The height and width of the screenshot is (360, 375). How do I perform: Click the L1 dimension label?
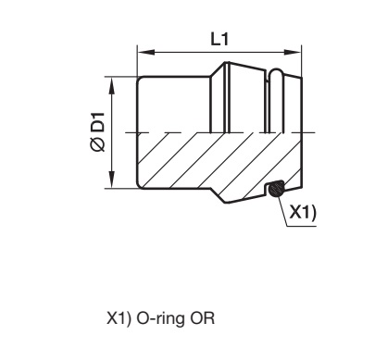click(219, 39)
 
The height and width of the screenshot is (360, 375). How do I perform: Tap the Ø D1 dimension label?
click(98, 132)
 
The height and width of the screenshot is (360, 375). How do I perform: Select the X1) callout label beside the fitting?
click(303, 213)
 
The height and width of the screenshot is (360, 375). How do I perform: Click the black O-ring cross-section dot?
click(276, 189)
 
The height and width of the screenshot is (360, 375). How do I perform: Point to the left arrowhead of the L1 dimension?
click(145, 52)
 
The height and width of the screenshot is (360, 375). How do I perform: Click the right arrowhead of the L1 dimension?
click(293, 52)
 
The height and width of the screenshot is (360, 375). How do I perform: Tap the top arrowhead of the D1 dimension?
click(112, 85)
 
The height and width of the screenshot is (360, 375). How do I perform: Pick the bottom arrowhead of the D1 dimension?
click(112, 180)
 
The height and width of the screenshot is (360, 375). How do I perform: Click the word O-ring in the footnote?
click(160, 319)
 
